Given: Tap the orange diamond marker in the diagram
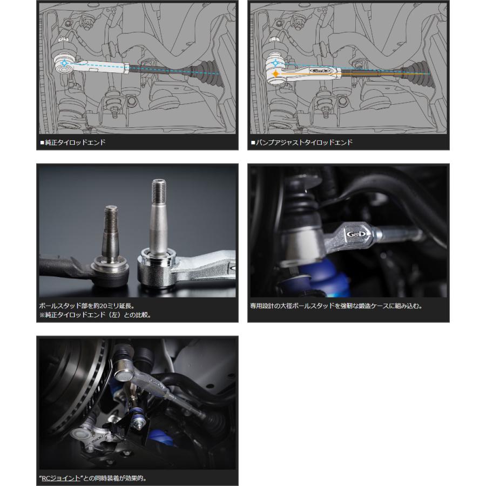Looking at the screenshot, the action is point(275,74).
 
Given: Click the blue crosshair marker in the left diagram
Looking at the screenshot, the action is point(64,63).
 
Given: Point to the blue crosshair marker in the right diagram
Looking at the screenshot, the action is point(275,63).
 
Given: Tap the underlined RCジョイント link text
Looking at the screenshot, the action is point(60,478).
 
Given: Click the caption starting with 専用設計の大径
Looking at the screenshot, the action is point(336,306).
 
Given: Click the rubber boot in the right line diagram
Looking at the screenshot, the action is point(416,73).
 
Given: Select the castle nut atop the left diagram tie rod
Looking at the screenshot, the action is point(63,40).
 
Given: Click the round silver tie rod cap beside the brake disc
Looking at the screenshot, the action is point(124,375).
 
